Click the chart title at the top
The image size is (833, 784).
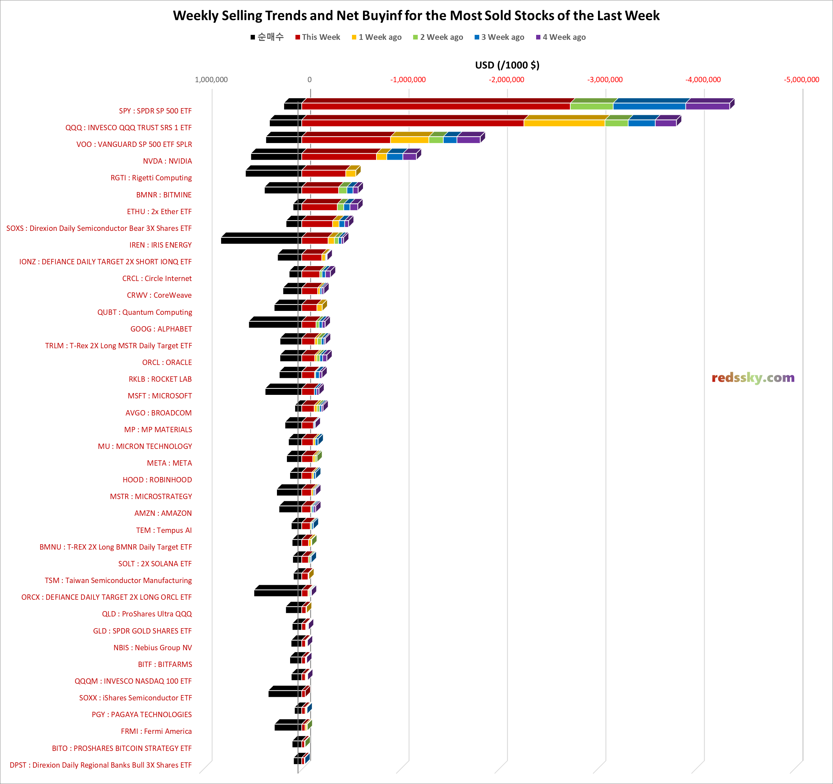click(416, 16)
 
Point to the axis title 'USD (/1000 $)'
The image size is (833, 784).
click(507, 65)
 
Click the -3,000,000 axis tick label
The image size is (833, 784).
click(605, 80)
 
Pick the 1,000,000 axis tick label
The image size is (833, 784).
click(211, 80)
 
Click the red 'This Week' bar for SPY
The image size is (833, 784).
click(436, 106)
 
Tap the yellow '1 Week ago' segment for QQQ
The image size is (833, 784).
click(564, 123)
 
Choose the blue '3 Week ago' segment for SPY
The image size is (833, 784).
click(649, 106)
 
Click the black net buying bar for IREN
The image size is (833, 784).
click(261, 240)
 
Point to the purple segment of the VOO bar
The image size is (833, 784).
click(469, 139)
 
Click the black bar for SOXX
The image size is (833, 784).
click(284, 693)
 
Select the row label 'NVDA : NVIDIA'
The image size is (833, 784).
click(167, 161)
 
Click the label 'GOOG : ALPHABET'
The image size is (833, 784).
click(161, 329)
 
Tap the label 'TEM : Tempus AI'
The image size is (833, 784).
click(164, 530)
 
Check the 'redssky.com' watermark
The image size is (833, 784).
click(753, 378)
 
